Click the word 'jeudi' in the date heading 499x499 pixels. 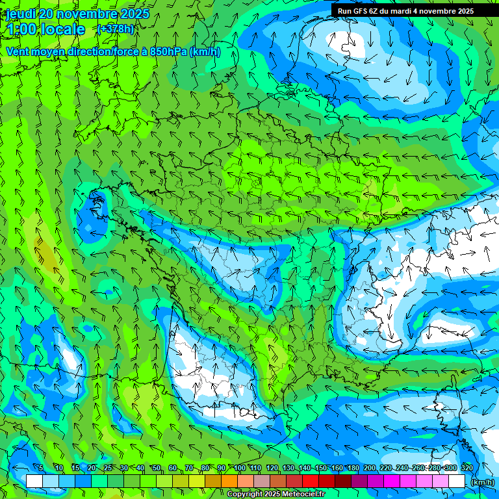click(x=21, y=14)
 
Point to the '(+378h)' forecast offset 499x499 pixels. click(x=115, y=29)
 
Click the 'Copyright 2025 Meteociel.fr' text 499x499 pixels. click(x=276, y=494)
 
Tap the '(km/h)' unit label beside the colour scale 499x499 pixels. click(x=482, y=482)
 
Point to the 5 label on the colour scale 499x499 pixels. click(x=41, y=468)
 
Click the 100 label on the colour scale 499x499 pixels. click(x=240, y=468)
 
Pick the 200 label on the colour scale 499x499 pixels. click(x=370, y=468)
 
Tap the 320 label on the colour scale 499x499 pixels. click(x=467, y=468)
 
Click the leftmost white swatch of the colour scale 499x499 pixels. click(x=34, y=481)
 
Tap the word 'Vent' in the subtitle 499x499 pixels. click(x=19, y=52)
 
